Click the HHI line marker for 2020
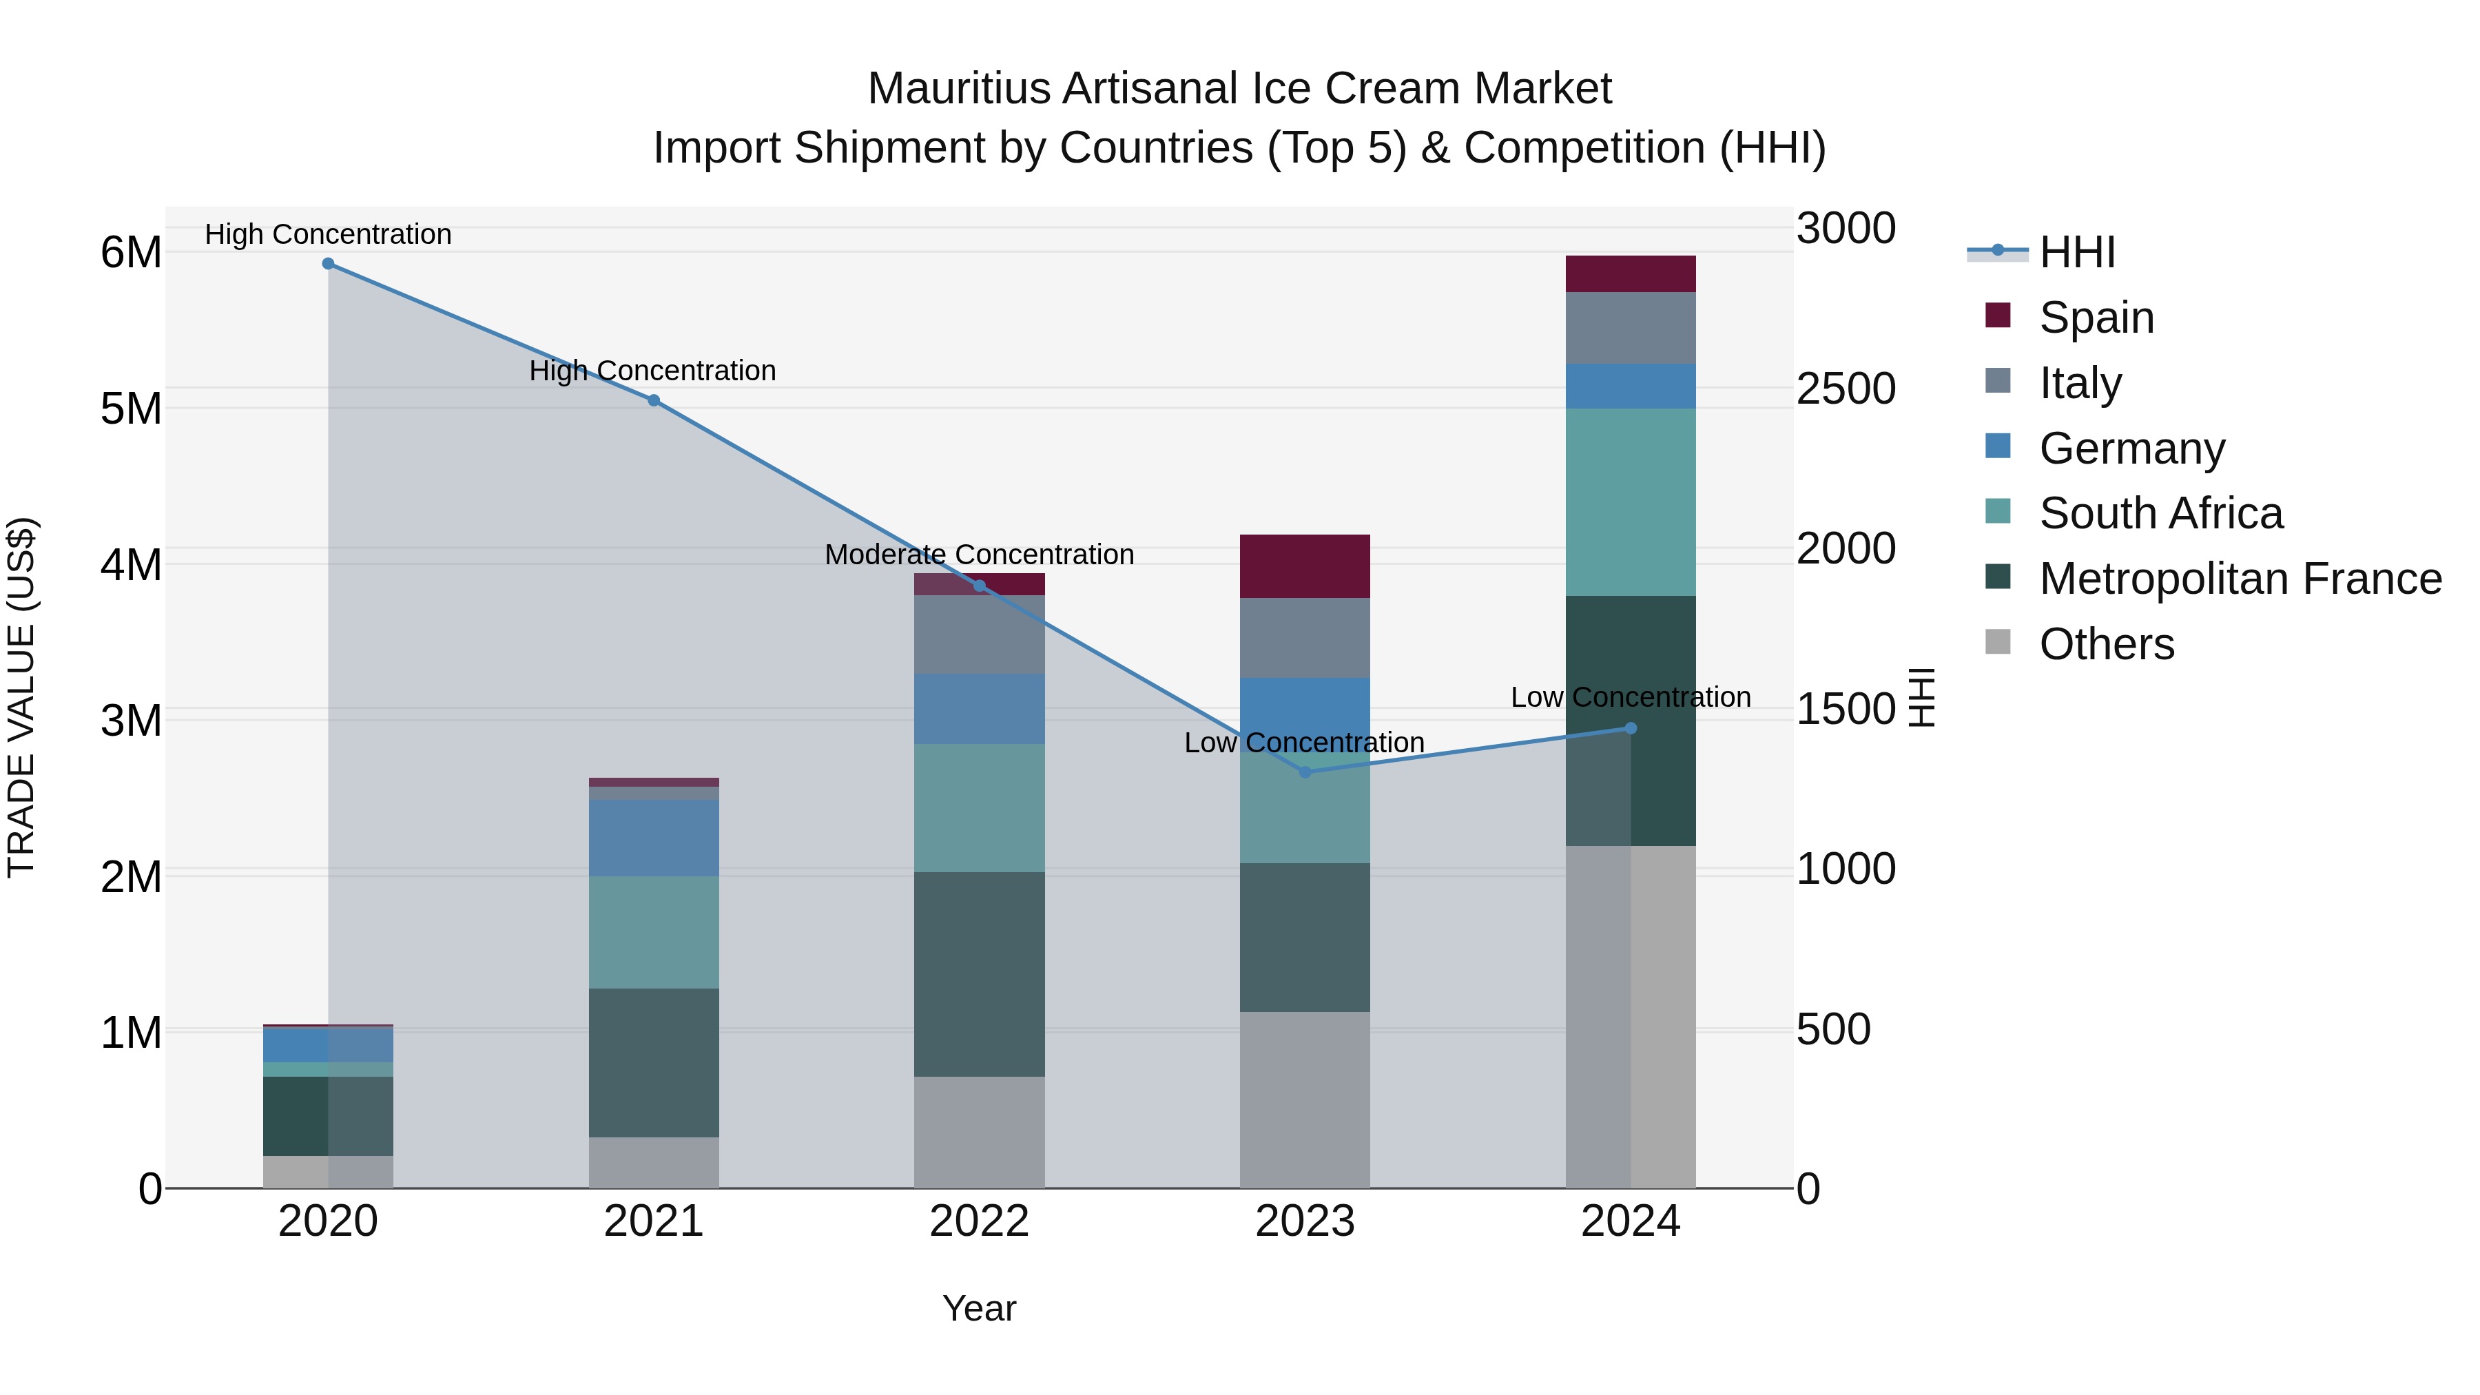329,264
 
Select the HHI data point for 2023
1305,772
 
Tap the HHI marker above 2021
654,400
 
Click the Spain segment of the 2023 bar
1305,566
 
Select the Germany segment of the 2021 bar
654,838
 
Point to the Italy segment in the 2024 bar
1630,329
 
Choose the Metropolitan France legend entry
2240,579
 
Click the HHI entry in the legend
2076,252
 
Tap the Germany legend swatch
1998,446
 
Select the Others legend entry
2107,644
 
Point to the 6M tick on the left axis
132,252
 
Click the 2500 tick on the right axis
1846,389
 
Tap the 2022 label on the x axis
979,1221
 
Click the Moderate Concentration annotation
979,555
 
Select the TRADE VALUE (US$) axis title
22,697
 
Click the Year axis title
979,1308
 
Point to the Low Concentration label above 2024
1630,697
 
